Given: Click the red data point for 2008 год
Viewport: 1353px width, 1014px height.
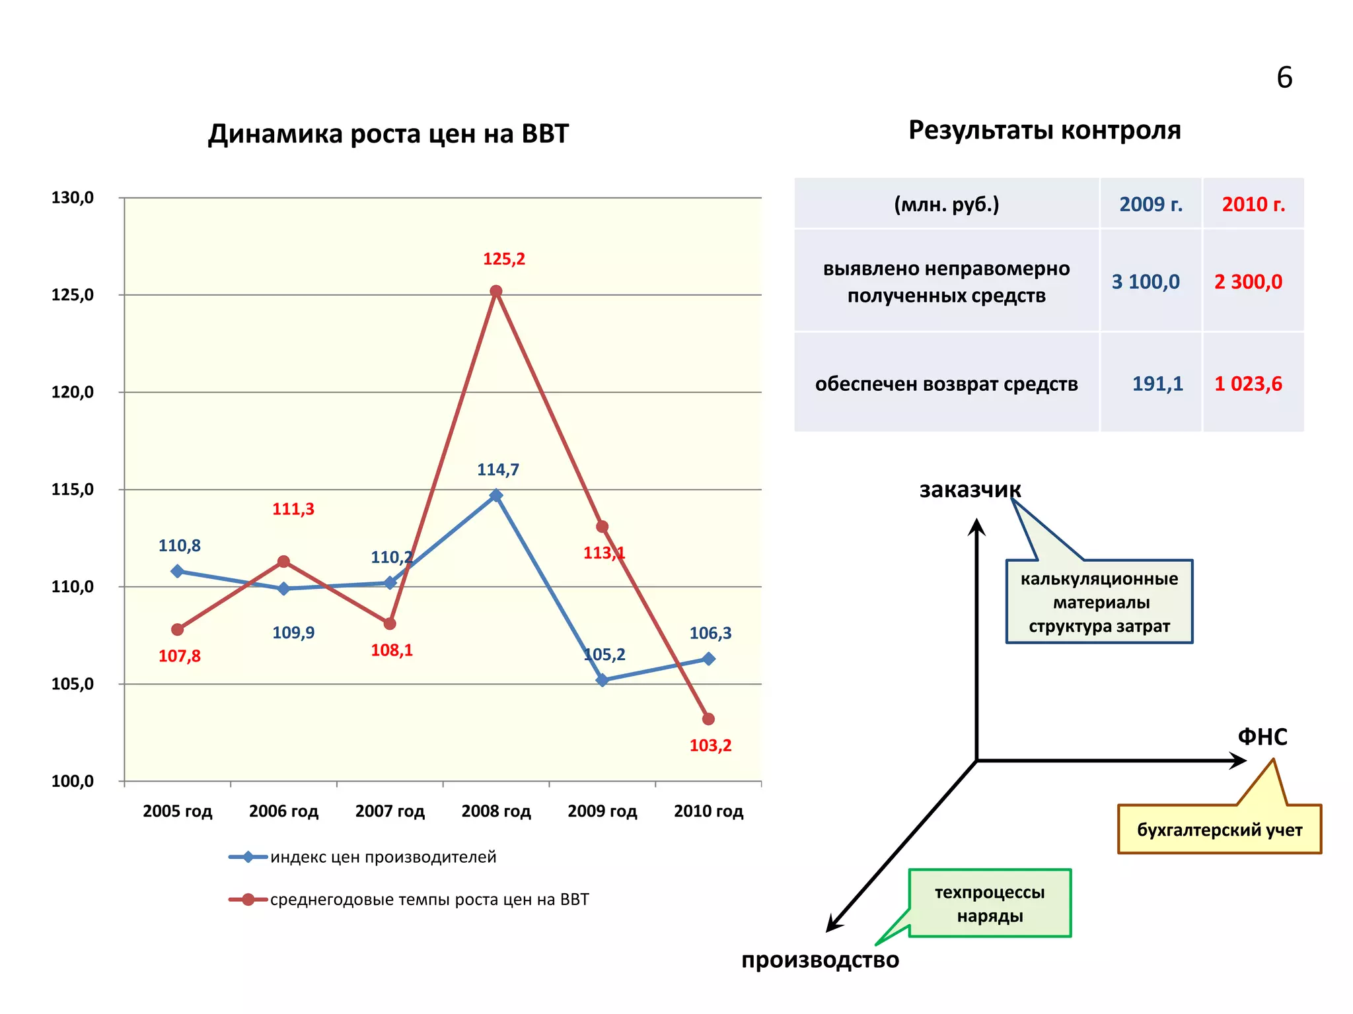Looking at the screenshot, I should pyautogui.click(x=496, y=291).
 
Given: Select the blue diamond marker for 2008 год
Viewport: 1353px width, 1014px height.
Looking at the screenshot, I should pyautogui.click(x=496, y=495).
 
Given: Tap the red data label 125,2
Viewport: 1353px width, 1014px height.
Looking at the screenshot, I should pyautogui.click(x=503, y=259).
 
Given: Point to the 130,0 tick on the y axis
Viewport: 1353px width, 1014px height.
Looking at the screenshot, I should pyautogui.click(x=73, y=197).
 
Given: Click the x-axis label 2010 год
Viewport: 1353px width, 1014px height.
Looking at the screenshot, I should pyautogui.click(x=708, y=811).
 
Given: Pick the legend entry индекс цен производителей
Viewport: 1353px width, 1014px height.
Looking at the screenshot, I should pyautogui.click(x=383, y=857).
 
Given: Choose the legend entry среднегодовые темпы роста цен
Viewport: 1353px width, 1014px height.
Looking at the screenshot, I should pyautogui.click(x=429, y=899).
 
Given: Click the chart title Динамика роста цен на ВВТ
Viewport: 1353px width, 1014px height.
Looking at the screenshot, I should pyautogui.click(x=388, y=134).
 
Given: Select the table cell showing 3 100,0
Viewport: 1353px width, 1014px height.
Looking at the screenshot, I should pyautogui.click(x=1145, y=282).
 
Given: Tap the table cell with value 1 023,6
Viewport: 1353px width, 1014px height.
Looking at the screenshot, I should pyautogui.click(x=1247, y=384).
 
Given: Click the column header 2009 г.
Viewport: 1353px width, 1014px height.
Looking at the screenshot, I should pyautogui.click(x=1150, y=204).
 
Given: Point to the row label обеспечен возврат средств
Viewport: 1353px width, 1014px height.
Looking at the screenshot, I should pyautogui.click(x=946, y=384).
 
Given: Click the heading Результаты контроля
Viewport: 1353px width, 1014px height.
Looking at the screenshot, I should pyautogui.click(x=1044, y=130).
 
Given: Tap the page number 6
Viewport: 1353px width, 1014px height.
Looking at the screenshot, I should pyautogui.click(x=1284, y=78).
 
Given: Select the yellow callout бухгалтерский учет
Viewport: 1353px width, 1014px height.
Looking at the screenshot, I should pyautogui.click(x=1219, y=830).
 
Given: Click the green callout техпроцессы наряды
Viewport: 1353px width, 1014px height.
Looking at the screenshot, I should pyautogui.click(x=990, y=904).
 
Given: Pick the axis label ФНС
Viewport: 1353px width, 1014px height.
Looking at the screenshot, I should pyautogui.click(x=1262, y=736).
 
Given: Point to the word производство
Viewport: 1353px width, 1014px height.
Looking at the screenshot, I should pyautogui.click(x=820, y=959).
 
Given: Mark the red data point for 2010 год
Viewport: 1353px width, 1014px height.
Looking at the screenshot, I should pyautogui.click(x=708, y=719).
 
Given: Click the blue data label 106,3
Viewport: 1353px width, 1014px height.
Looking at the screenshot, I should pyautogui.click(x=710, y=633).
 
